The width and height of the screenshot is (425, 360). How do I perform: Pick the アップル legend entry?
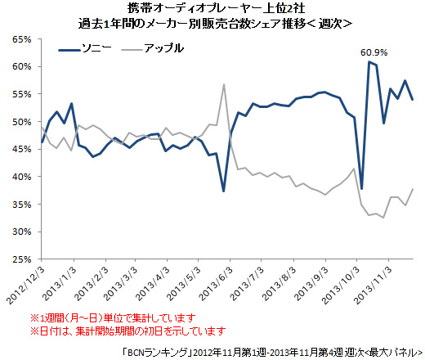(163, 49)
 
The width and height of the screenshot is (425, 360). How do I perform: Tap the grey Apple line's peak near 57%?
(224, 84)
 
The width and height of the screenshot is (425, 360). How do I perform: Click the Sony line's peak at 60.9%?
(369, 62)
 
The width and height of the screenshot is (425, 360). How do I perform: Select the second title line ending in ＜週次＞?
(221, 24)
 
